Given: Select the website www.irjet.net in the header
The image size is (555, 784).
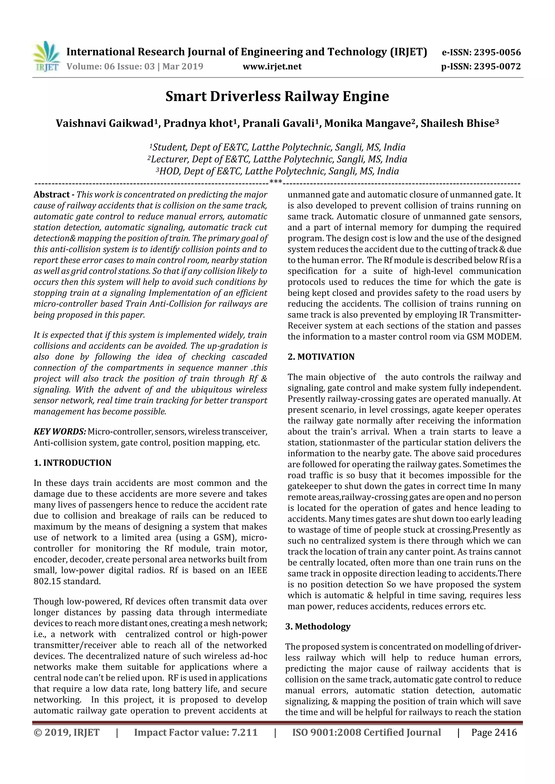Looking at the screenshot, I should click(x=272, y=67).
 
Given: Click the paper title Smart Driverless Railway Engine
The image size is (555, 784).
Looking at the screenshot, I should click(x=277, y=97).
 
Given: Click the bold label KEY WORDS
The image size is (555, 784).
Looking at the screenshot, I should click(x=60, y=432).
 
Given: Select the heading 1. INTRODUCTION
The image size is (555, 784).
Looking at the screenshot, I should click(x=73, y=463).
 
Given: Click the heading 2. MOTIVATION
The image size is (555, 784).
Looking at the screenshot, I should click(x=321, y=357).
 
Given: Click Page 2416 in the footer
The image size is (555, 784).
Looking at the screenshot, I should click(x=494, y=732).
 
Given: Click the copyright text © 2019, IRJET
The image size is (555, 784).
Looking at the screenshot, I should click(x=67, y=732).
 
